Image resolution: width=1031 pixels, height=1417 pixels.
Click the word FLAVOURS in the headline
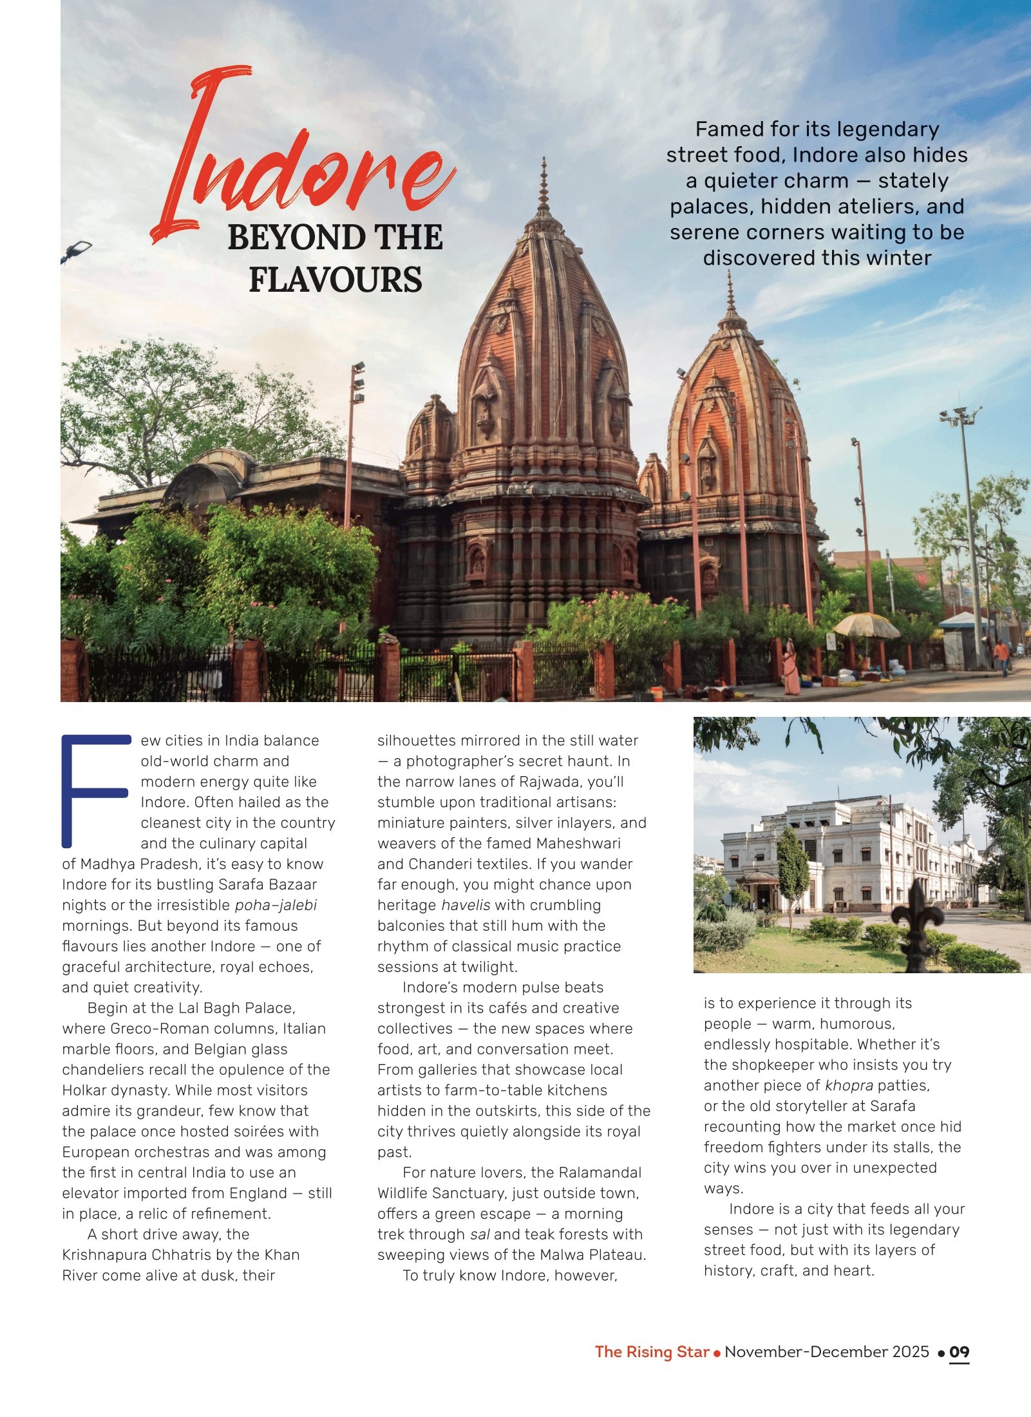[x=336, y=280]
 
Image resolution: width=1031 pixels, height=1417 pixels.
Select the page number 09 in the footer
[x=959, y=1352]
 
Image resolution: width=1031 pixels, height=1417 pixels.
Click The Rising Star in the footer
[x=652, y=1352]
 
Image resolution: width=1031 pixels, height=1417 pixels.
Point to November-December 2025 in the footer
[x=827, y=1352]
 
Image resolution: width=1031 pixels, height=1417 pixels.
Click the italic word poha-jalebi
[x=276, y=905]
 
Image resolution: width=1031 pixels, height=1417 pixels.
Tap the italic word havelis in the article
[x=466, y=905]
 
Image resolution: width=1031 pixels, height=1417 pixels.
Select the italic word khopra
[x=849, y=1085]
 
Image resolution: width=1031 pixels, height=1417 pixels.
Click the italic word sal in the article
[x=480, y=1234]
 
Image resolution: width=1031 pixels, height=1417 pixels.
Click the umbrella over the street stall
[x=866, y=623]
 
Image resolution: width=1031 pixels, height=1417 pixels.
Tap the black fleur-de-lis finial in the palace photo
[x=916, y=915]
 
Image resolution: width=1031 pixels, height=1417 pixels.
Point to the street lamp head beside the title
[x=78, y=249]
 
